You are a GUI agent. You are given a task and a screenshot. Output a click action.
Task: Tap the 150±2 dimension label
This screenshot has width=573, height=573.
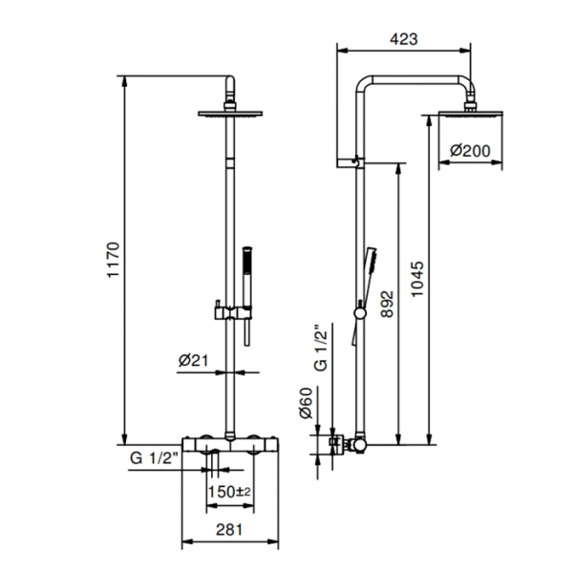click(229, 491)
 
